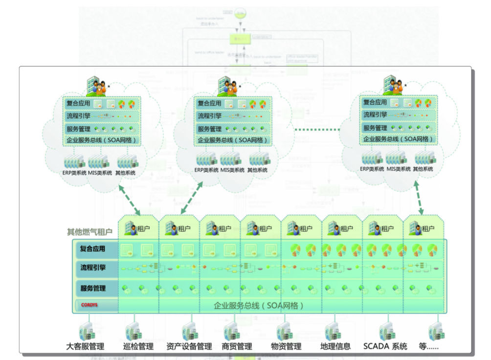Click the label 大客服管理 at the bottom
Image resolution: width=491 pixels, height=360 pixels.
point(85,346)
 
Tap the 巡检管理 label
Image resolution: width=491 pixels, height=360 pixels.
point(138,346)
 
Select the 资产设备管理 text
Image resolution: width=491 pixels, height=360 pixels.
point(189,346)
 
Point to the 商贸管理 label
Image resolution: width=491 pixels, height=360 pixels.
point(237,346)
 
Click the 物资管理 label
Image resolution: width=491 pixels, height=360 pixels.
point(286,346)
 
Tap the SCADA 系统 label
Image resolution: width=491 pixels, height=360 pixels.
point(385,346)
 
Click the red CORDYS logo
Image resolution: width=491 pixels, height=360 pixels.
point(89,305)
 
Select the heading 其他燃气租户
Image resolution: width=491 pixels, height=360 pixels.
point(90,232)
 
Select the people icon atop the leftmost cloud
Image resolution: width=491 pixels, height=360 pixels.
point(96,87)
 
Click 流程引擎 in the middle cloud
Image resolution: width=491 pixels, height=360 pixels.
point(209,116)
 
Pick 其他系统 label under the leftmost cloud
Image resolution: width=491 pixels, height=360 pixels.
point(126,173)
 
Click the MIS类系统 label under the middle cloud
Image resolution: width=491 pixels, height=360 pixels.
point(232,170)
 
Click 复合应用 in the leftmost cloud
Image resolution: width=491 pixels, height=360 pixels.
point(78,104)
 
